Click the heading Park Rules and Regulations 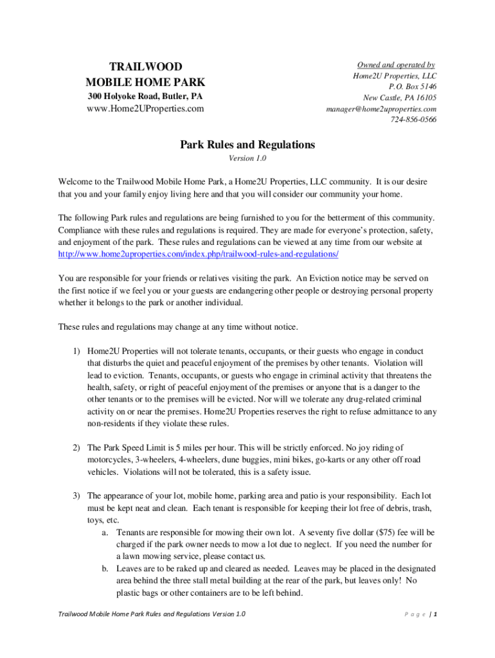point(248,145)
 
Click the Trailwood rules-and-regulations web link point(198,254)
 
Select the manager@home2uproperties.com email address point(382,109)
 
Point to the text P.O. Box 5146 point(412,87)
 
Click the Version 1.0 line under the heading point(248,158)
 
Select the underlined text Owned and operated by point(396,65)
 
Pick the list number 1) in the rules point(76,351)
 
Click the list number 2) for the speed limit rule point(76,447)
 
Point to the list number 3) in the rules point(76,496)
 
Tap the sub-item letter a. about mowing point(105,533)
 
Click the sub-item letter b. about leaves point(105,569)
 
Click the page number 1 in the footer point(435,614)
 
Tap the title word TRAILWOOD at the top point(145,67)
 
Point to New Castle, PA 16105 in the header point(399,98)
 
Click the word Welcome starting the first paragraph point(76,182)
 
